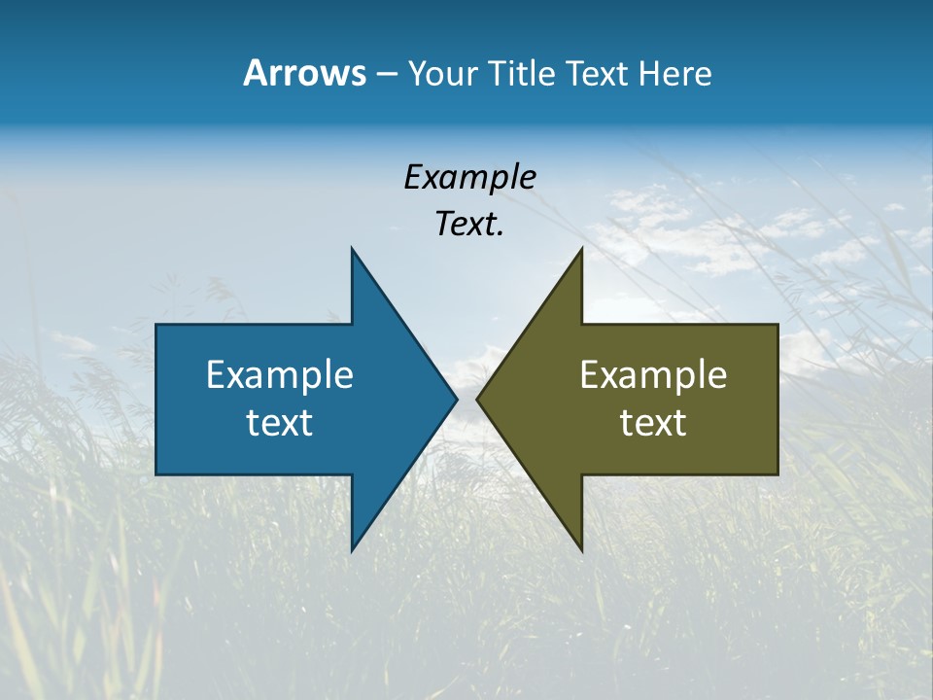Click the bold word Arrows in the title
pos(304,73)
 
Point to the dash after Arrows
pos(386,75)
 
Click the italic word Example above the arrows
pos(469,178)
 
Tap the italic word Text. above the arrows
pos(469,225)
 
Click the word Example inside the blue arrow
pos(280,375)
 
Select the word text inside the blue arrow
pos(280,423)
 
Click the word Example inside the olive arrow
pos(653,375)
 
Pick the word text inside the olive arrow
pos(653,423)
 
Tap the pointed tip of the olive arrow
pos(478,399)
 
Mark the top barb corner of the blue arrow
pos(352,250)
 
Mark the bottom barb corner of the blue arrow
pos(352,549)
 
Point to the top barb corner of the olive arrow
pos(581,250)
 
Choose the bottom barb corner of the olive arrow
pos(581,549)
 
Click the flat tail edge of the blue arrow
pos(156,399)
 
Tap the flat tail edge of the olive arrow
pos(777,399)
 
